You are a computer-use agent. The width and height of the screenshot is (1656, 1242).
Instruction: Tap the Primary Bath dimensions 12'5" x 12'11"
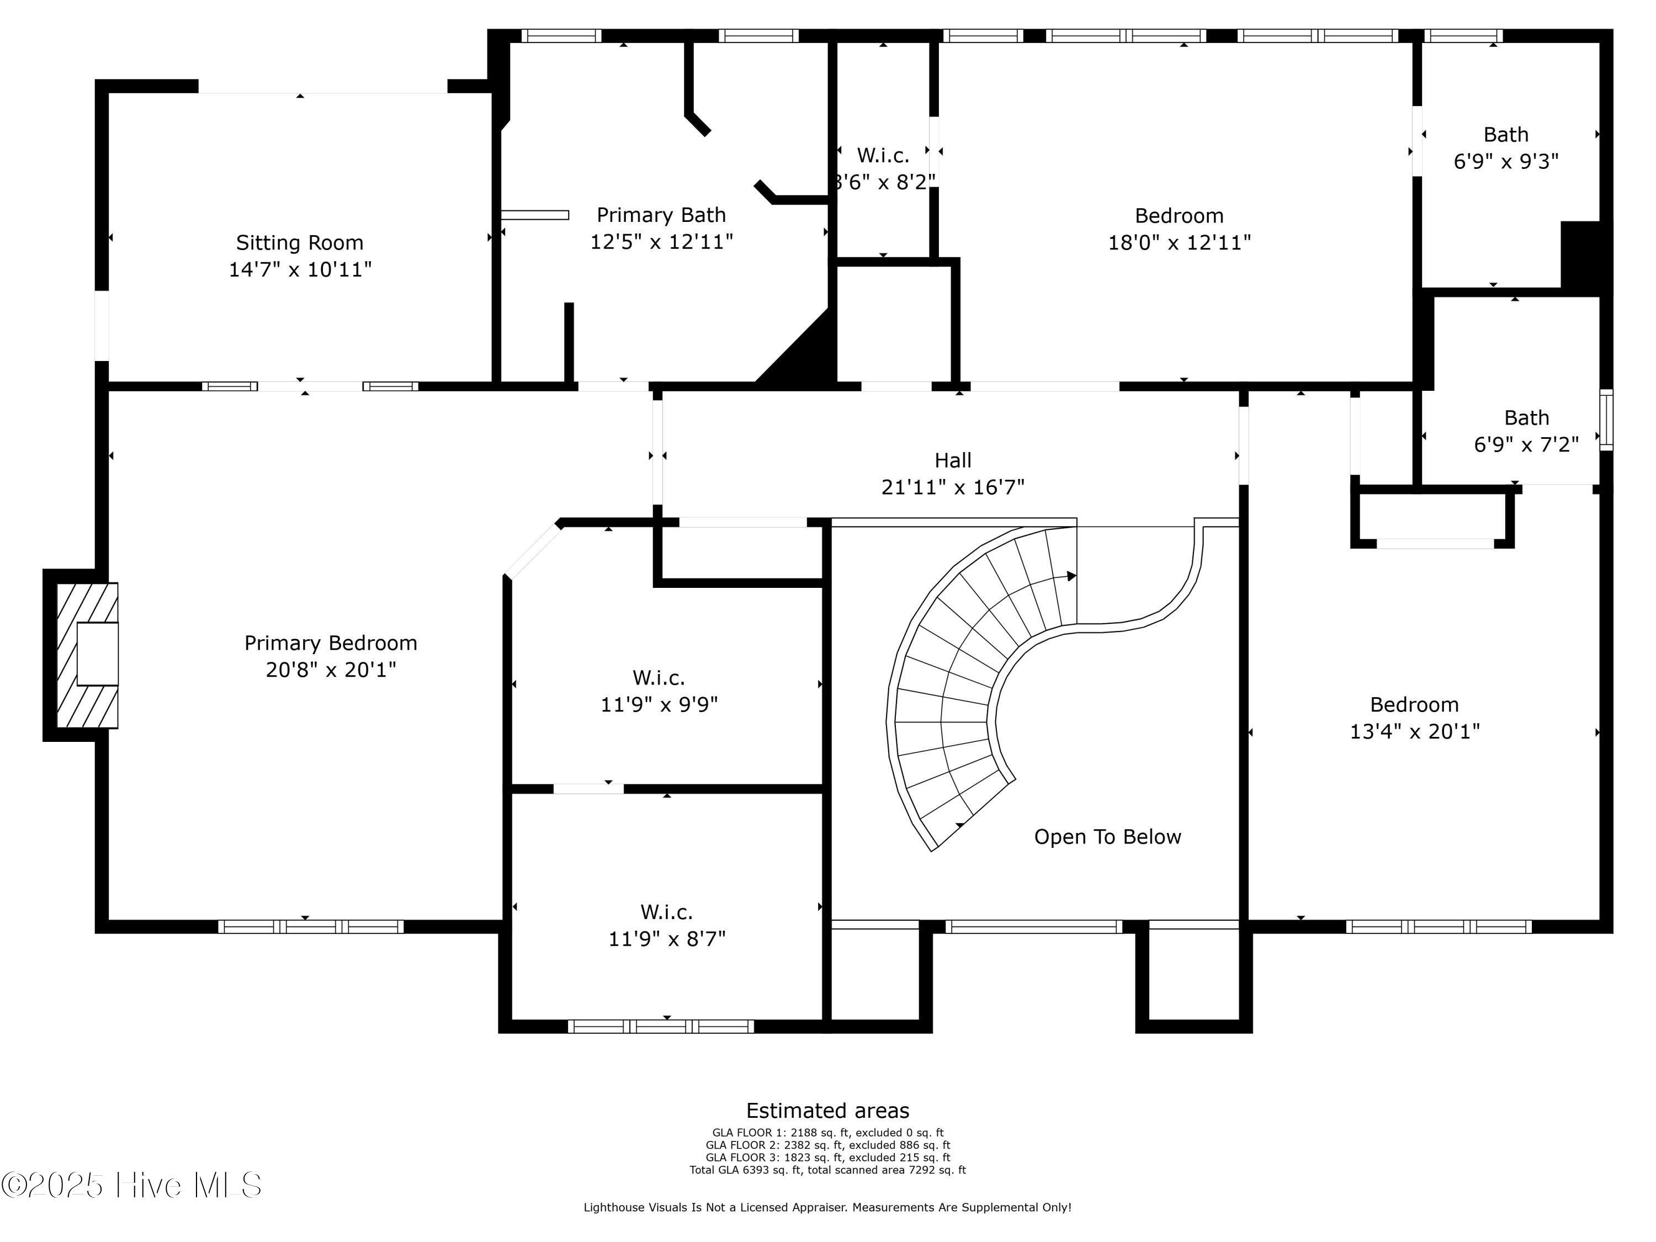click(x=661, y=242)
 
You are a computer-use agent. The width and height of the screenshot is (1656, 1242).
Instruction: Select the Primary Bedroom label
click(x=331, y=643)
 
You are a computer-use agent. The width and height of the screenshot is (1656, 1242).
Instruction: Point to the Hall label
click(x=952, y=460)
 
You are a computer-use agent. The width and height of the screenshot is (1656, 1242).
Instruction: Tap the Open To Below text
click(x=1107, y=837)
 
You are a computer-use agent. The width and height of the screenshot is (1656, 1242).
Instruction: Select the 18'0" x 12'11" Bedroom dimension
click(x=1179, y=242)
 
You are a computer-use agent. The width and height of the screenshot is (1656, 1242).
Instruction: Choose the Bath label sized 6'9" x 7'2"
click(x=1526, y=418)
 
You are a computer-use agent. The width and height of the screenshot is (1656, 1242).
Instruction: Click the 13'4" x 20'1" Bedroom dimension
click(x=1414, y=731)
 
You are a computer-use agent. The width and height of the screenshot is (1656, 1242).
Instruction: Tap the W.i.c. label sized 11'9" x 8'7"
click(x=666, y=912)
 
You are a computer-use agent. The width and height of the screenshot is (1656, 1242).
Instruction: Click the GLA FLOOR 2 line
click(x=827, y=1145)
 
